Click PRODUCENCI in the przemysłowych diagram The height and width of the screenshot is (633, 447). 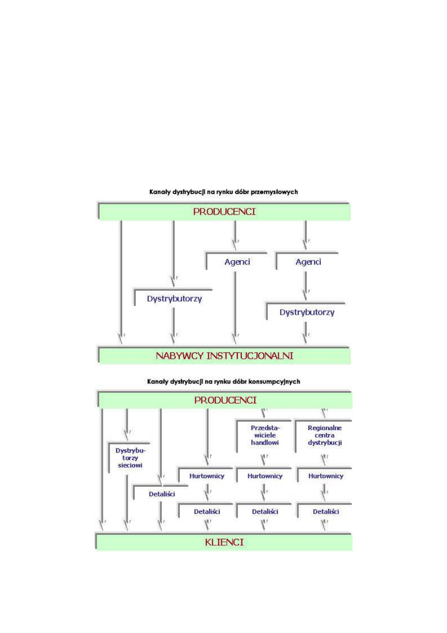click(224, 212)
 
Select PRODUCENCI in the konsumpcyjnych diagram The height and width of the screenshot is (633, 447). click(225, 400)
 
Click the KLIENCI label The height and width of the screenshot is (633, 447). click(224, 542)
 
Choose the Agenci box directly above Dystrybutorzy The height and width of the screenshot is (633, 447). click(308, 262)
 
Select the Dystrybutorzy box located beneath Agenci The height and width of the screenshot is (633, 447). click(307, 312)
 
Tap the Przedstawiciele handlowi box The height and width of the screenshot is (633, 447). click(265, 436)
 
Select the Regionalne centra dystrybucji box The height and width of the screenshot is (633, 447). click(324, 436)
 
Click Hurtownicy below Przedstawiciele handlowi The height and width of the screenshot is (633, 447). click(265, 476)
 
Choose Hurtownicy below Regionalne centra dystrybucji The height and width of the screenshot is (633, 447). click(325, 476)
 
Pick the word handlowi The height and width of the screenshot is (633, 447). click(265, 443)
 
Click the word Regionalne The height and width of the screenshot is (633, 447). click(324, 428)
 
